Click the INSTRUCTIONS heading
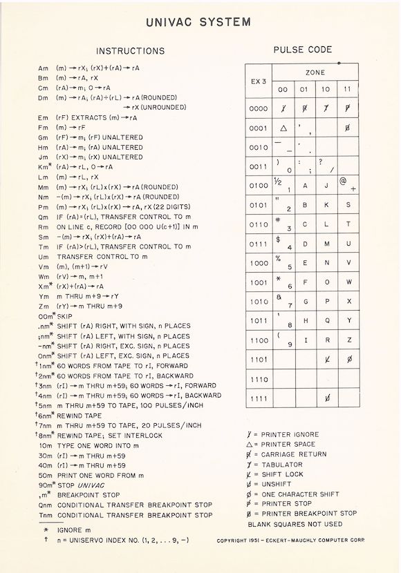tap(130, 51)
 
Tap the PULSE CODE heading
tap(303, 50)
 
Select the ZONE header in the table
tap(315, 72)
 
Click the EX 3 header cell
tap(258, 81)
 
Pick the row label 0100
tap(258, 186)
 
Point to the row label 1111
tap(258, 398)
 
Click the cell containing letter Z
tap(348, 340)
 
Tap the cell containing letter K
tap(326, 205)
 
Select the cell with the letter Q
tap(326, 320)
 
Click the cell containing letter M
tap(326, 244)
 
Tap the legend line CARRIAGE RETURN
tap(289, 454)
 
